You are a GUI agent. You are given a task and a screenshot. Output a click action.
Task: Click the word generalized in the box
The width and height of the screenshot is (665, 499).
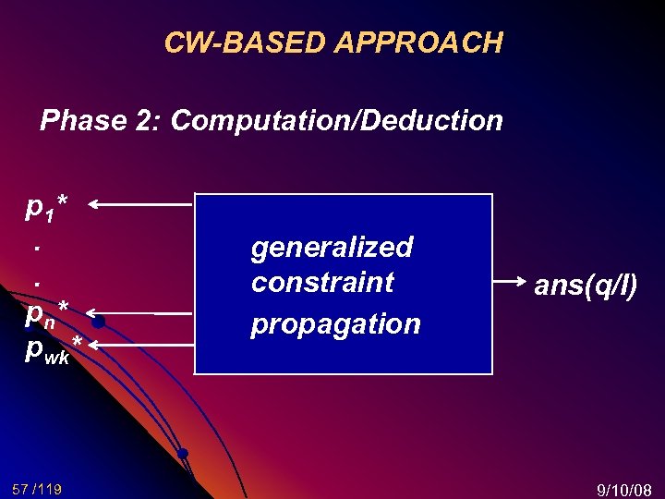tap(332, 247)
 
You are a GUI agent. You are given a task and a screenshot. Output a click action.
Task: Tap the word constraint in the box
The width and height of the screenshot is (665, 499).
tap(322, 282)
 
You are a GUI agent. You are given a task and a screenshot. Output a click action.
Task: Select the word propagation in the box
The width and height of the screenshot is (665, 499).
tap(335, 323)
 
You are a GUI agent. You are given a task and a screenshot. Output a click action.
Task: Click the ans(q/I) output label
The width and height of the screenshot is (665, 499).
tap(586, 286)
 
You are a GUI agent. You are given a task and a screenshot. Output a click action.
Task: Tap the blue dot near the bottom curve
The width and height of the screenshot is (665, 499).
tap(183, 453)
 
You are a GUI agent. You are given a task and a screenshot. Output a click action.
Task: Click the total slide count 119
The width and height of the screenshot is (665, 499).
tap(50, 488)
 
